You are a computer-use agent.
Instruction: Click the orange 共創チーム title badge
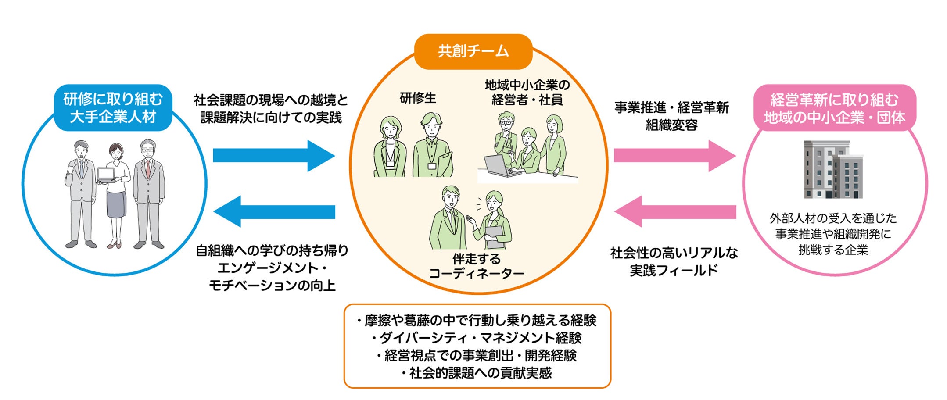pyautogui.click(x=473, y=51)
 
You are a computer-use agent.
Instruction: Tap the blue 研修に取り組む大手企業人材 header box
pyautogui.click(x=113, y=108)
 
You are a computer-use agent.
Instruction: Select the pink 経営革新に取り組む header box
pyautogui.click(x=834, y=108)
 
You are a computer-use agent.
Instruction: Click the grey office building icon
pyautogui.click(x=833, y=170)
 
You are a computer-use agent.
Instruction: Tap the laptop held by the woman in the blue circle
pyautogui.click(x=106, y=175)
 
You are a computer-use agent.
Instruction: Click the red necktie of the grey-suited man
pyautogui.click(x=148, y=169)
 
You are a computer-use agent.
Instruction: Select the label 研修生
pyautogui.click(x=418, y=98)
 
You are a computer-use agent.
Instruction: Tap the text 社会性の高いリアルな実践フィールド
pyautogui.click(x=674, y=261)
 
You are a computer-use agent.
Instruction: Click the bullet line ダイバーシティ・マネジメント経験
pyautogui.click(x=477, y=338)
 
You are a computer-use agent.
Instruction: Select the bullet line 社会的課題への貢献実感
pyautogui.click(x=477, y=373)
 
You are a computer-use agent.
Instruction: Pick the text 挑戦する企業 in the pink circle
pyautogui.click(x=833, y=250)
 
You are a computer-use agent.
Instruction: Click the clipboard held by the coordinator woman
pyautogui.click(x=494, y=235)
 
